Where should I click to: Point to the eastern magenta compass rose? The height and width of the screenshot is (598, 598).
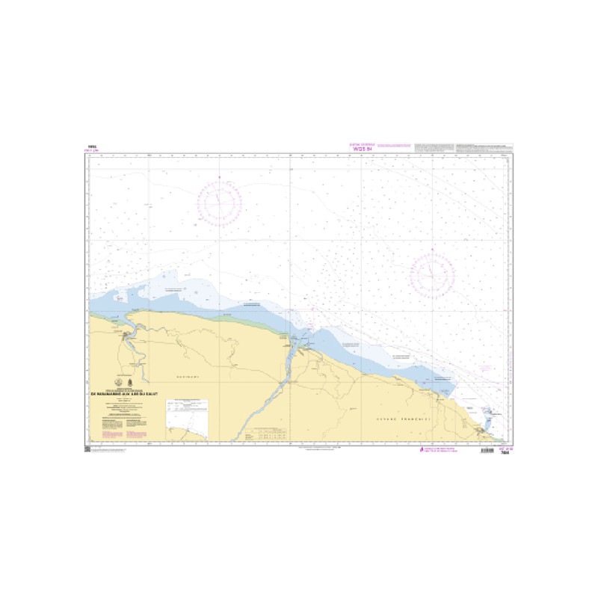pos(432,274)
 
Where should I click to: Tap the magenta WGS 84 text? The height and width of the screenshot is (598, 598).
pos(360,149)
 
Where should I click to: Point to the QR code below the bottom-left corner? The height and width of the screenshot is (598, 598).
pos(87,449)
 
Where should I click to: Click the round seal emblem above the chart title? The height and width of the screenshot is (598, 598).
pos(117,381)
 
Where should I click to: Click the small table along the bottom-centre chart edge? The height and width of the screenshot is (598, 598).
pos(269,434)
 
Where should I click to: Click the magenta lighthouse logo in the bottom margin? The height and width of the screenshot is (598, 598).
pos(420,450)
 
